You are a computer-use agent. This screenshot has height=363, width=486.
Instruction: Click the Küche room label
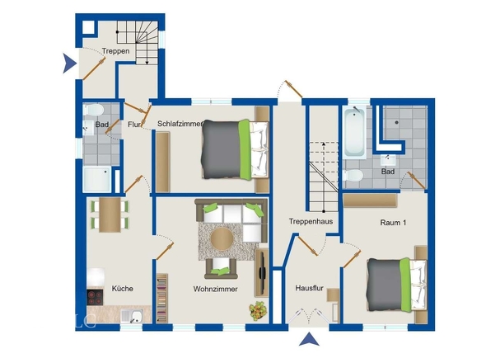coord(123,289)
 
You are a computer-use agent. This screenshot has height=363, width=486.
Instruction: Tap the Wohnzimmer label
coord(216,289)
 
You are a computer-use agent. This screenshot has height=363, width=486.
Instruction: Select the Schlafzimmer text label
coord(180,124)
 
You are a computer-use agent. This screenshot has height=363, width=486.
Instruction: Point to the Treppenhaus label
coord(311,221)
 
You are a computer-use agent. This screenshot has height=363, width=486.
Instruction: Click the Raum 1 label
coord(393,222)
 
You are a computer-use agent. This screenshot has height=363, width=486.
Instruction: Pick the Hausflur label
coord(309,288)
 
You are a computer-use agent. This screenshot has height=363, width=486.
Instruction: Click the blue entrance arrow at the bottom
coord(309,339)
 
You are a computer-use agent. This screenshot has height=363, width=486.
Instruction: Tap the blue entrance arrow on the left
coord(69,64)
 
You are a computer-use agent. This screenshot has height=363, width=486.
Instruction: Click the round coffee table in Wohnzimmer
coord(222,238)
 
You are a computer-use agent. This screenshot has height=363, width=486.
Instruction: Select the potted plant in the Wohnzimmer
coord(258,311)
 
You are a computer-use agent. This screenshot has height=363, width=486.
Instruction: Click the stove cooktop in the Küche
coord(95,297)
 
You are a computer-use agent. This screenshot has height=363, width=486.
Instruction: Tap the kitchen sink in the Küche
coord(131,316)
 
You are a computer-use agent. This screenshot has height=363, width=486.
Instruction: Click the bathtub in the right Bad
coord(354,132)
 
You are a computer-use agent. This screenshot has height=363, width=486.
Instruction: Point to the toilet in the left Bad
coord(93,110)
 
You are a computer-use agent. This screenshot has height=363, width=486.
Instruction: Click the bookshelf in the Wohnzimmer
coord(162,299)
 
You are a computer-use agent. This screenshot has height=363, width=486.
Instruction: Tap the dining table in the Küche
coord(110,214)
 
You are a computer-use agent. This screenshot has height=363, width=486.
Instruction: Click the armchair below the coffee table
coord(221,268)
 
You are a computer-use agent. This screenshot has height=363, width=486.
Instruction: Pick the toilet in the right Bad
coord(353,176)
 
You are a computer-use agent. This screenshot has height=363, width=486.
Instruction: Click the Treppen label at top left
coord(115,50)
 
